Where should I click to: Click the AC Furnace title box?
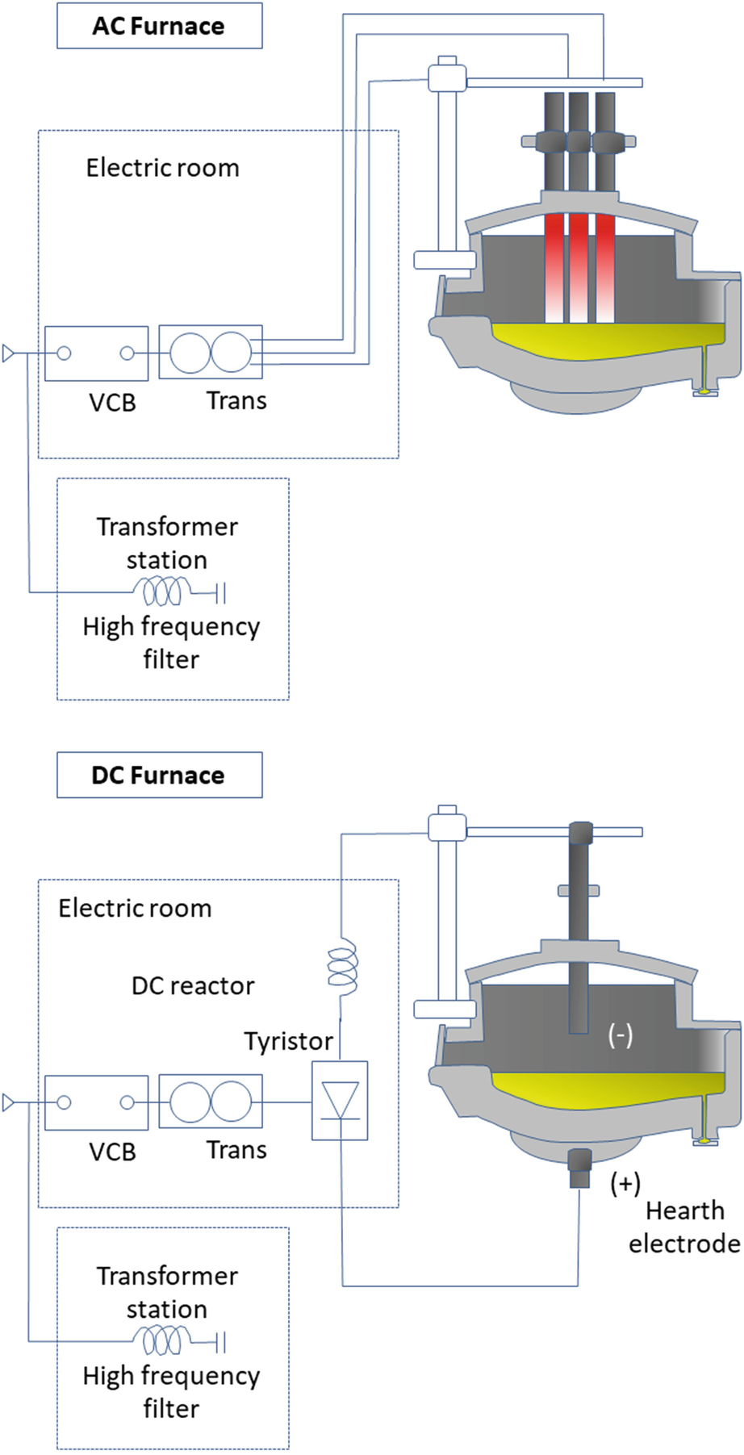click(x=159, y=26)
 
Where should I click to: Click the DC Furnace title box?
click(x=159, y=775)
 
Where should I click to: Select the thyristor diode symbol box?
click(x=340, y=1101)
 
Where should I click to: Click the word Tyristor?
click(x=289, y=1042)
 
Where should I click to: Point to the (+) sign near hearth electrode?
click(x=625, y=1183)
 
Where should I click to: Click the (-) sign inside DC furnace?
click(x=620, y=1035)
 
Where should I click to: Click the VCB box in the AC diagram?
click(x=97, y=353)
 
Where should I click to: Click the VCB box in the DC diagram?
click(x=97, y=1102)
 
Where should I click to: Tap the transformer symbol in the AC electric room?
click(x=211, y=352)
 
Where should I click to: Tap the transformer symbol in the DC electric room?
click(x=211, y=1102)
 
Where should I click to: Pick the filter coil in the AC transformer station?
click(x=162, y=592)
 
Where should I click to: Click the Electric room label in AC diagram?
click(x=163, y=168)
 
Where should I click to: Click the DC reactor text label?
click(x=193, y=985)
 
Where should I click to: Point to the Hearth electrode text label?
click(x=684, y=1227)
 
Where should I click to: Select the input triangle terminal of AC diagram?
click(x=9, y=353)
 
